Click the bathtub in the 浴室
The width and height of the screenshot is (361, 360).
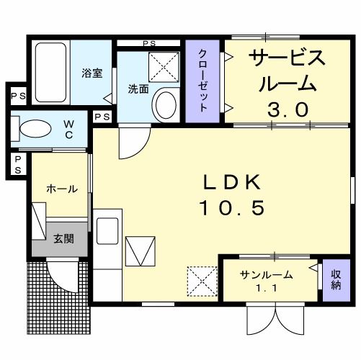(x=50, y=73)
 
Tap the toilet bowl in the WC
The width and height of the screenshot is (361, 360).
(x=35, y=129)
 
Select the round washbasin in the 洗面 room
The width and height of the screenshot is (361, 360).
(x=166, y=105)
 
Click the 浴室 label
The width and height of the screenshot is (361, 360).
(x=92, y=73)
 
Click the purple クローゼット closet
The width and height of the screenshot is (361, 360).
(x=202, y=81)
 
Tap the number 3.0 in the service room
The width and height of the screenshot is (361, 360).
(x=288, y=109)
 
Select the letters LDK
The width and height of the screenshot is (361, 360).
(x=232, y=182)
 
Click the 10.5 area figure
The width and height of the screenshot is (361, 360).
(x=232, y=207)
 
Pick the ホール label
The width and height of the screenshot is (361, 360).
(x=62, y=189)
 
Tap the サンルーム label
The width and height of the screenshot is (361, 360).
(x=267, y=275)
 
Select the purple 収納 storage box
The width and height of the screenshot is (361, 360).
(x=336, y=280)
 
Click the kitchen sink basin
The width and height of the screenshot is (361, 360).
(x=107, y=231)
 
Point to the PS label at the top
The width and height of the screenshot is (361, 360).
(x=149, y=44)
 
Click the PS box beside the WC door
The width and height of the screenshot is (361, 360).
(x=102, y=117)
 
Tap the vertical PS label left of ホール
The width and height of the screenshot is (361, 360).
(x=18, y=165)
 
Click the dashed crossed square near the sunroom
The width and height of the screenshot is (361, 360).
(x=202, y=282)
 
